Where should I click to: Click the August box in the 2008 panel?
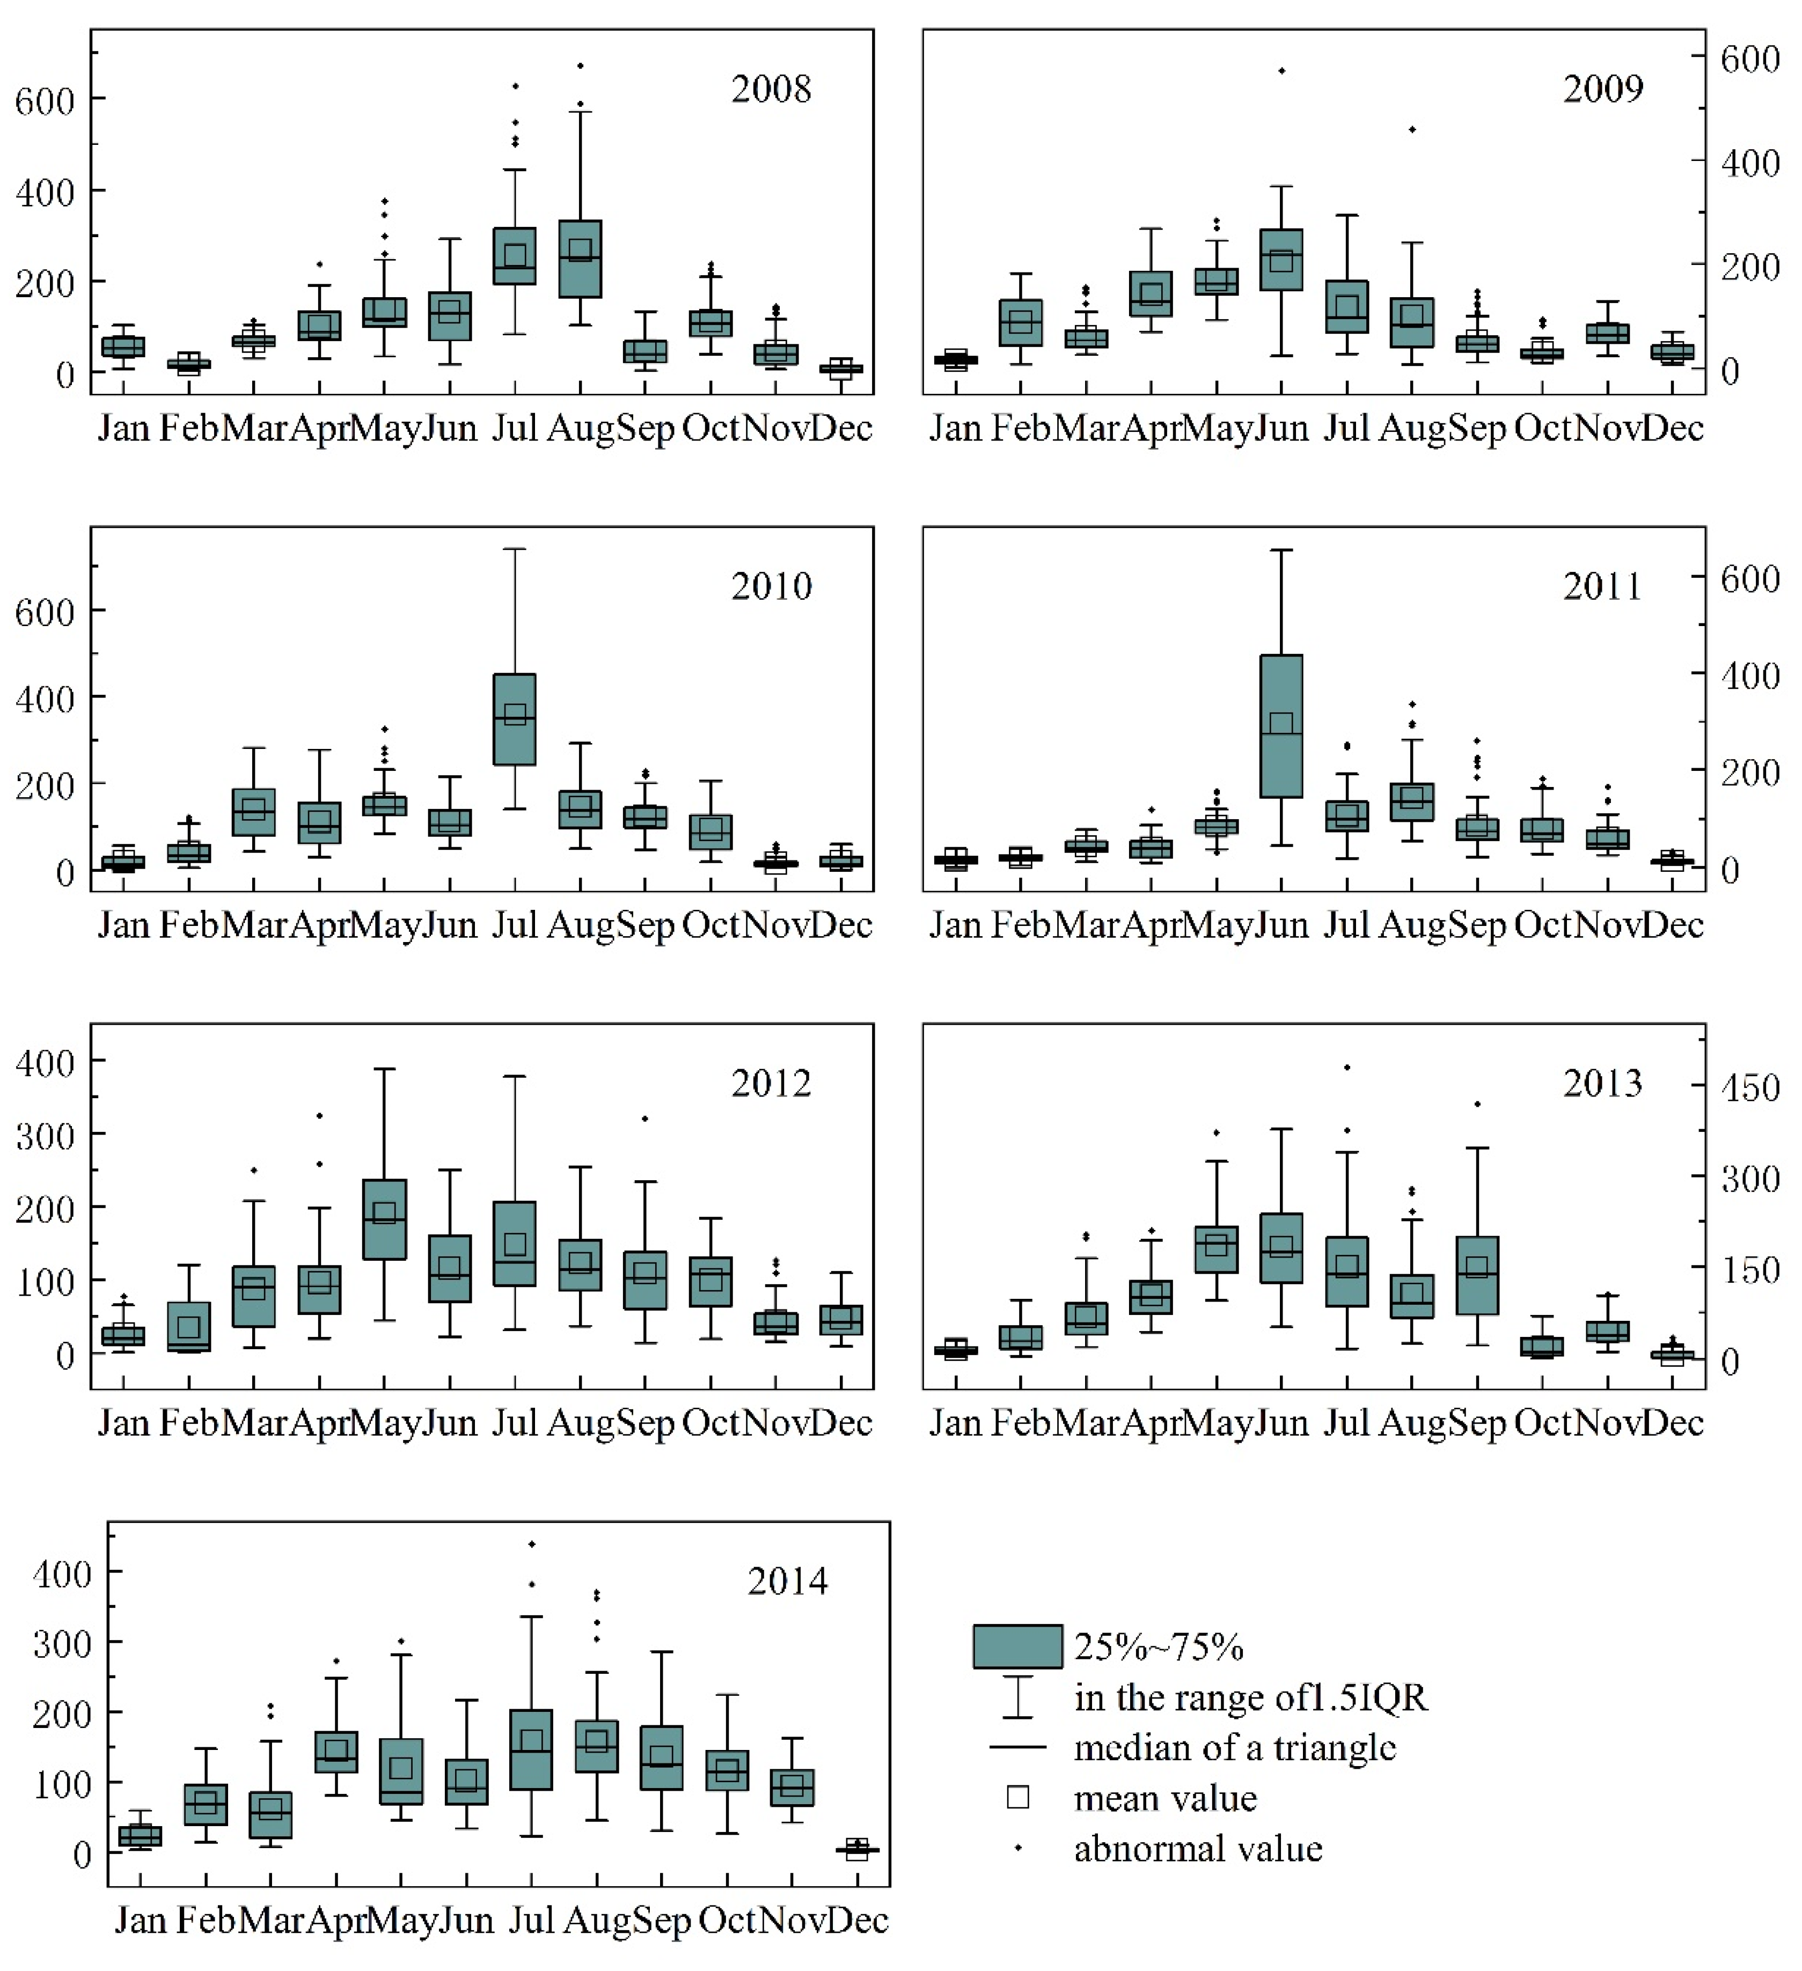(x=580, y=259)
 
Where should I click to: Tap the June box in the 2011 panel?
(x=1281, y=726)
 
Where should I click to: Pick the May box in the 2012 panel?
(x=384, y=1219)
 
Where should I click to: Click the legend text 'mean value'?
(x=1164, y=1798)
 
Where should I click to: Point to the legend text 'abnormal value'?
(x=1198, y=1849)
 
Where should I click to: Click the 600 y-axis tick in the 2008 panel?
(x=44, y=101)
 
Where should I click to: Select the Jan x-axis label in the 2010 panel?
(x=123, y=925)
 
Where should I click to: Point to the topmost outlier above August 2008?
(x=580, y=65)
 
